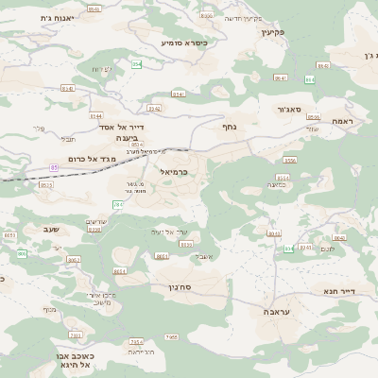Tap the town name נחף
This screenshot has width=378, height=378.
coord(228,126)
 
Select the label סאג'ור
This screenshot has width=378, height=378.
coord(288,111)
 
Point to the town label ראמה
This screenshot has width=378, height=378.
coord(342,122)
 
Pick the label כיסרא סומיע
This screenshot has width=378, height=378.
coord(183,43)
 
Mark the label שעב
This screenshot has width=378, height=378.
coord(52,229)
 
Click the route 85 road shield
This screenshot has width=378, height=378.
coord(54,167)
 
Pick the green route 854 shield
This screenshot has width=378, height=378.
coord(136,64)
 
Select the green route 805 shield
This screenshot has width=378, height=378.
coord(21,254)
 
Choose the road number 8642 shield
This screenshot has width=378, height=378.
coord(340,237)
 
